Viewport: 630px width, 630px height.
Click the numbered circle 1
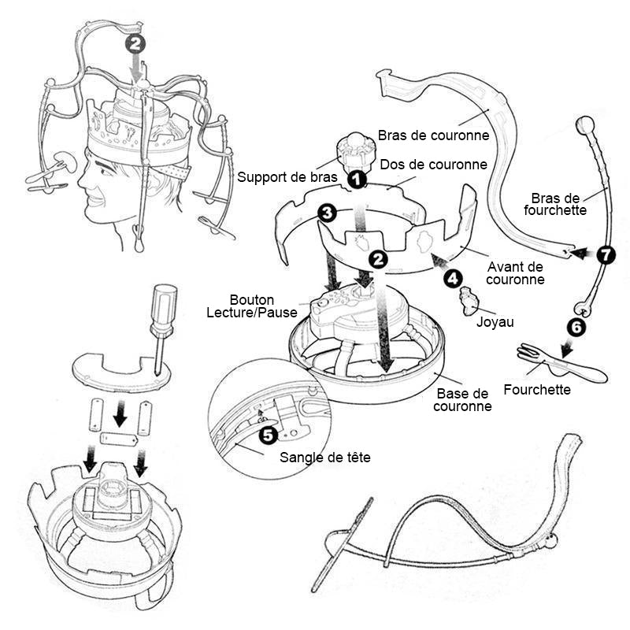tap(357, 180)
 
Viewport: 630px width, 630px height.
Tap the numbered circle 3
tap(328, 213)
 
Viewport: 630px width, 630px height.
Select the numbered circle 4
tap(452, 277)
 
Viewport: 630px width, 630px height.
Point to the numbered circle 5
tap(267, 434)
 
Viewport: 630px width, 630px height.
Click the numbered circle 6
tap(577, 329)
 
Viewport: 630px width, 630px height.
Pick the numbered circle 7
tap(604, 255)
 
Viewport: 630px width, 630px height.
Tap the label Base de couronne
tap(463, 400)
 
